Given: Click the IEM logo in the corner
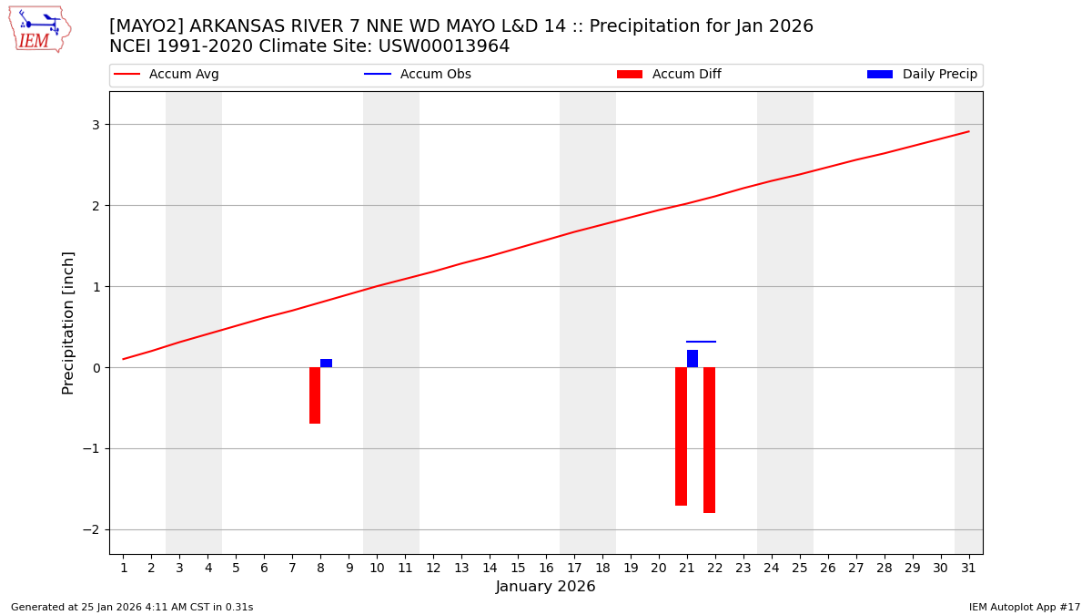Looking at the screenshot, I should (39, 29).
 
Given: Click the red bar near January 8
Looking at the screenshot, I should (315, 395).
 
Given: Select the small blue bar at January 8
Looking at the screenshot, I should (326, 363).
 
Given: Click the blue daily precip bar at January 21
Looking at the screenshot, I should (693, 358).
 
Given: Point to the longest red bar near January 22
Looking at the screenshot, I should (709, 440).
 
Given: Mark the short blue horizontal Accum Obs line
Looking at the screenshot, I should (701, 342).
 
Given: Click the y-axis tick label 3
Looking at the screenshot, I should (94, 125).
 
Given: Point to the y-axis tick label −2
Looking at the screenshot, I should (90, 530).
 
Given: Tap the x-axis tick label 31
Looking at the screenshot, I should (968, 568).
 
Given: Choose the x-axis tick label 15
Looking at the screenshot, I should (518, 568).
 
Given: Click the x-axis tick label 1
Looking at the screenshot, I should (124, 568).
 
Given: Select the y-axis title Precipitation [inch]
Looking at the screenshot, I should (68, 323).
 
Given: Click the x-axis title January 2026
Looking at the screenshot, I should (546, 587).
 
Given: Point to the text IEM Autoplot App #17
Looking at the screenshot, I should (1025, 607).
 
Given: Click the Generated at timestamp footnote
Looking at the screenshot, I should (132, 607).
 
